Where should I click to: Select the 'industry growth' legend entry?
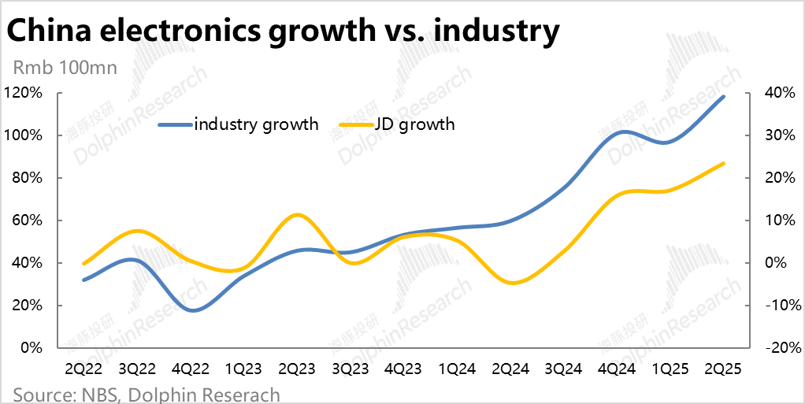tap(239, 124)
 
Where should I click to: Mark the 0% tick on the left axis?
tap(31, 348)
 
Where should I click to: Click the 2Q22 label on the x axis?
tap(84, 368)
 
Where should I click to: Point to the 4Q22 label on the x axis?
tap(191, 368)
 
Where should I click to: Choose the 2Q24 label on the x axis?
tap(510, 368)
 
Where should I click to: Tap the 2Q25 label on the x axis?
tap(723, 368)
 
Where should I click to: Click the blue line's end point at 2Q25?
tap(723, 97)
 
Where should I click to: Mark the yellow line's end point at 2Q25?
tap(723, 164)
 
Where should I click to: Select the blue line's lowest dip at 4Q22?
tap(191, 310)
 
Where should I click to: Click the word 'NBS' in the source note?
tap(94, 394)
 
